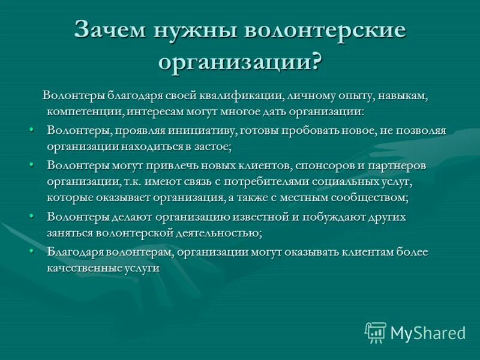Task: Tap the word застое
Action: (x=214, y=146)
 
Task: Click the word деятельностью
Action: (x=220, y=233)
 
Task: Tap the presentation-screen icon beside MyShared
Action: (x=376, y=332)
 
